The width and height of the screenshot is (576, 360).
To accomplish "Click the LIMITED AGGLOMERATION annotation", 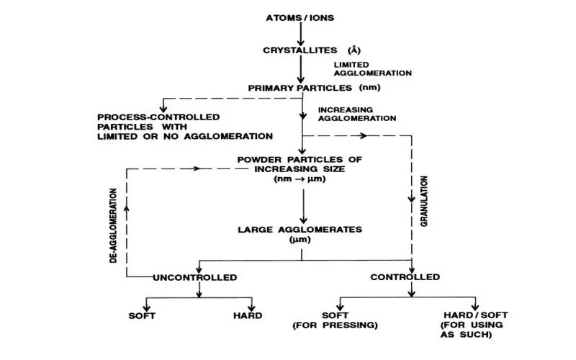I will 372,68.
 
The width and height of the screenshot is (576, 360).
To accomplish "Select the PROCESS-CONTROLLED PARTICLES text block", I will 185,126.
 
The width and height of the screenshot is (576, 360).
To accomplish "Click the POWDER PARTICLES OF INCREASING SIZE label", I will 300,168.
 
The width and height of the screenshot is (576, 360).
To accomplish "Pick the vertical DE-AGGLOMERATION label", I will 114,225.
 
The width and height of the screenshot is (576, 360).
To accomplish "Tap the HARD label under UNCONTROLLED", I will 247,315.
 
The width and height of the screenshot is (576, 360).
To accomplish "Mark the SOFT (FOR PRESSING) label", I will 335,320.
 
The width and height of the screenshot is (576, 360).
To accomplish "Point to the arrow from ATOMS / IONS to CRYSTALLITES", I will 301,32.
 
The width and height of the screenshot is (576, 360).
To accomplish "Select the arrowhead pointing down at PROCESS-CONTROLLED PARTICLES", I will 164,107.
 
